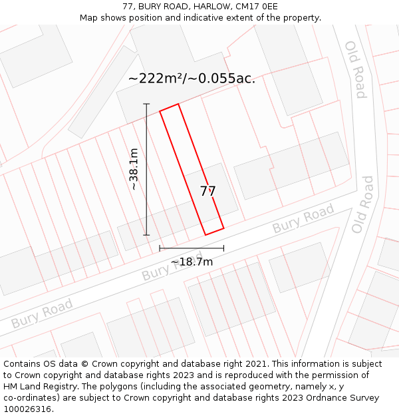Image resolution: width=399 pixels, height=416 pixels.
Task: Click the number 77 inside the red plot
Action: (207, 191)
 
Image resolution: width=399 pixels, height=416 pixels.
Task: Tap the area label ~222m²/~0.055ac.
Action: (192, 79)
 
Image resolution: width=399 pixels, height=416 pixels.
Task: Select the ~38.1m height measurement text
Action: (134, 169)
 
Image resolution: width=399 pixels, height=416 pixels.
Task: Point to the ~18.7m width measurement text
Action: (192, 262)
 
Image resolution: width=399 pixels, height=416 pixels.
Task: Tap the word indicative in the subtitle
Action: (209, 18)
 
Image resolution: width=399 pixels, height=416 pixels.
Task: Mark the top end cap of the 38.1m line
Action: (146, 104)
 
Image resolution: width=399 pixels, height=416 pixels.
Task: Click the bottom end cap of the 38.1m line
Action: (146, 234)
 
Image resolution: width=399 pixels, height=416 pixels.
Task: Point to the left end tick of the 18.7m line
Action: (160, 248)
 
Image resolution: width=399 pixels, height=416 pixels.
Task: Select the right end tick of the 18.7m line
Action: (223, 248)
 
